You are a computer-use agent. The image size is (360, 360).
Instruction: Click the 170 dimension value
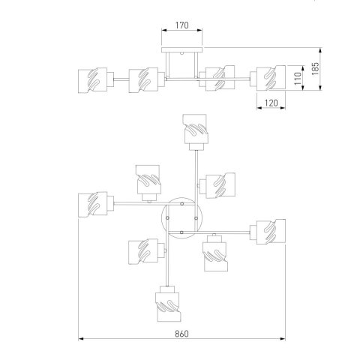click(x=181, y=25)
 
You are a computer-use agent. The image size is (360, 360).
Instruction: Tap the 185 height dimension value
click(x=315, y=68)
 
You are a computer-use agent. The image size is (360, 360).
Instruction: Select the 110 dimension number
click(x=298, y=79)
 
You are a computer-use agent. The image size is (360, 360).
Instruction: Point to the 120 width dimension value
click(x=271, y=103)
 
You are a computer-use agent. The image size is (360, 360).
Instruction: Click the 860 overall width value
click(x=181, y=334)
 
